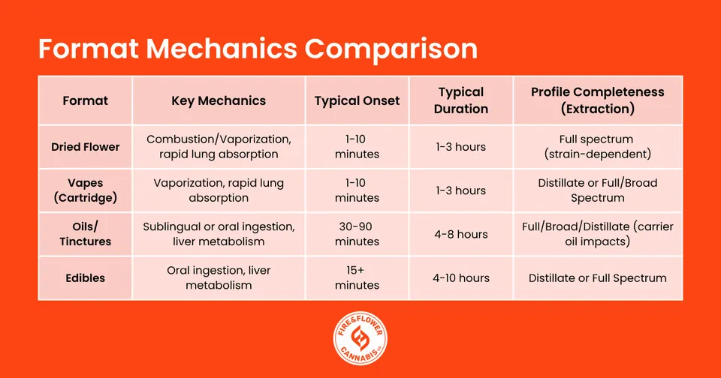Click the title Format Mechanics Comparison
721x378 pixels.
258,49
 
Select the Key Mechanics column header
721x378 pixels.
219,100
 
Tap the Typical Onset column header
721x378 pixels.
357,100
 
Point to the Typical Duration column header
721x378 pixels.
461,100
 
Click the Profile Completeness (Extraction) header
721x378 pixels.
598,100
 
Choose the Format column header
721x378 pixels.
85,100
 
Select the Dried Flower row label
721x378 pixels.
85,147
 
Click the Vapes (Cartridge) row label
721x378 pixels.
85,190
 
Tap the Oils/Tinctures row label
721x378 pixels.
85,234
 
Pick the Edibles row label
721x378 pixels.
85,277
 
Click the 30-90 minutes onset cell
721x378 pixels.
357,234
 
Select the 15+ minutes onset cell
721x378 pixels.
357,277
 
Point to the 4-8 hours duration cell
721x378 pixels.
461,234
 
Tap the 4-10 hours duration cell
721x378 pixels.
461,277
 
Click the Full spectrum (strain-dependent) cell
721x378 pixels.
598,147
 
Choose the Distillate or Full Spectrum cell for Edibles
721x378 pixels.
598,277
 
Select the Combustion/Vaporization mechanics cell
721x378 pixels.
219,147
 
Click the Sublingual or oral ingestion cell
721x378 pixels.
219,234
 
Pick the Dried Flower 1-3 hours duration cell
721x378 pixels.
461,147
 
